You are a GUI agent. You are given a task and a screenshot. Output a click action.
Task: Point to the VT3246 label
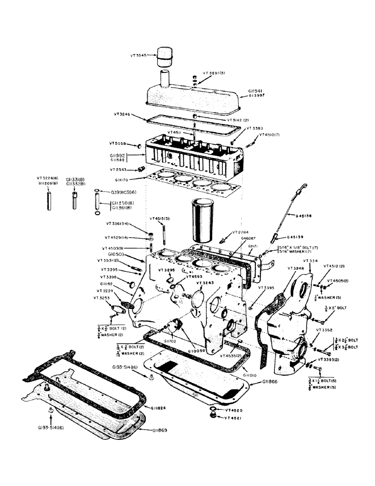(x=123, y=115)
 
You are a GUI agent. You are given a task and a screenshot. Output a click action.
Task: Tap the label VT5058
(x=119, y=144)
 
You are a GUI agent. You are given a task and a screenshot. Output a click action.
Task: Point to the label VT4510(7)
(x=270, y=135)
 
